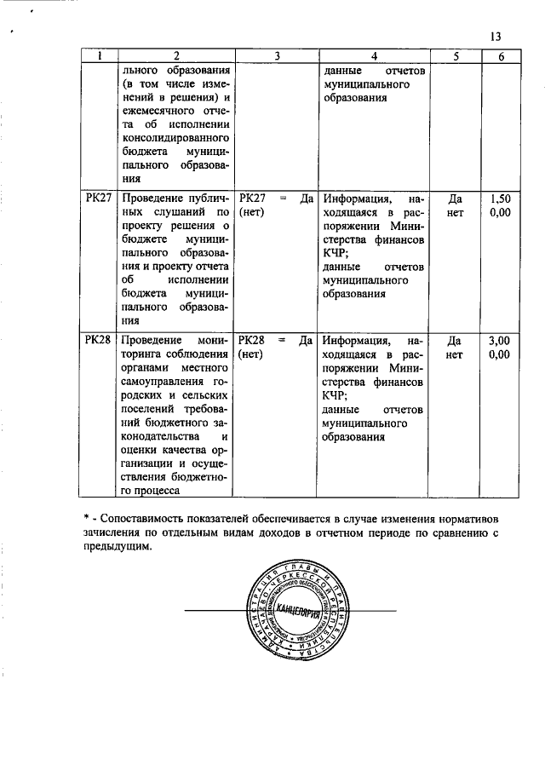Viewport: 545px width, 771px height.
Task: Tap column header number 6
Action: [x=500, y=56]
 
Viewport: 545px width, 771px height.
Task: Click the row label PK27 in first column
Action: [x=99, y=197]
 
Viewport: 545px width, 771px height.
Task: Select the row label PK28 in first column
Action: [x=99, y=340]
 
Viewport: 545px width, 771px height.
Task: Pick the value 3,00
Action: [x=500, y=340]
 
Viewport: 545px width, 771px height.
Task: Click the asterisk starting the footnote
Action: [x=86, y=518]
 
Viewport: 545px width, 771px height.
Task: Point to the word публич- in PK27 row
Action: [x=204, y=197]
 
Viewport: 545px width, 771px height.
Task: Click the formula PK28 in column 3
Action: [x=253, y=340]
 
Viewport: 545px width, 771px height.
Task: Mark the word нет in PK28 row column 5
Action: [x=456, y=354]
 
